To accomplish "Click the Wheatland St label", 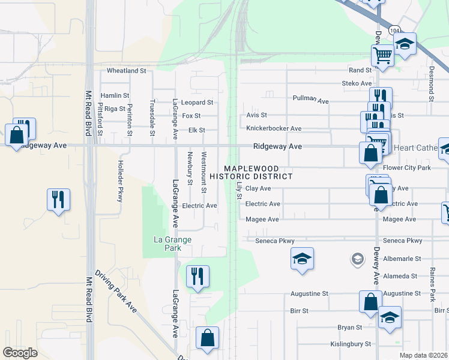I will [127, 71].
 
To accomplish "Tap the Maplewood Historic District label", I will [259, 172].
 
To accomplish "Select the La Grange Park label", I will [172, 244].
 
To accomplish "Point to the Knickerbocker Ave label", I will [274, 128].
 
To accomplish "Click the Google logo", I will [20, 352].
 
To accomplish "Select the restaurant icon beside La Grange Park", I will [197, 277].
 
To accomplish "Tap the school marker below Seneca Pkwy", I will [302, 259].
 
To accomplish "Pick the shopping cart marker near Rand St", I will [382, 56].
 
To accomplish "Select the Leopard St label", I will [197, 103].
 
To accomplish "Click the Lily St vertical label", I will [239, 191].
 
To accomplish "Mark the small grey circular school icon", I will [357, 259].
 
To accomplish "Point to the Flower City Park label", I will [407, 167].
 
